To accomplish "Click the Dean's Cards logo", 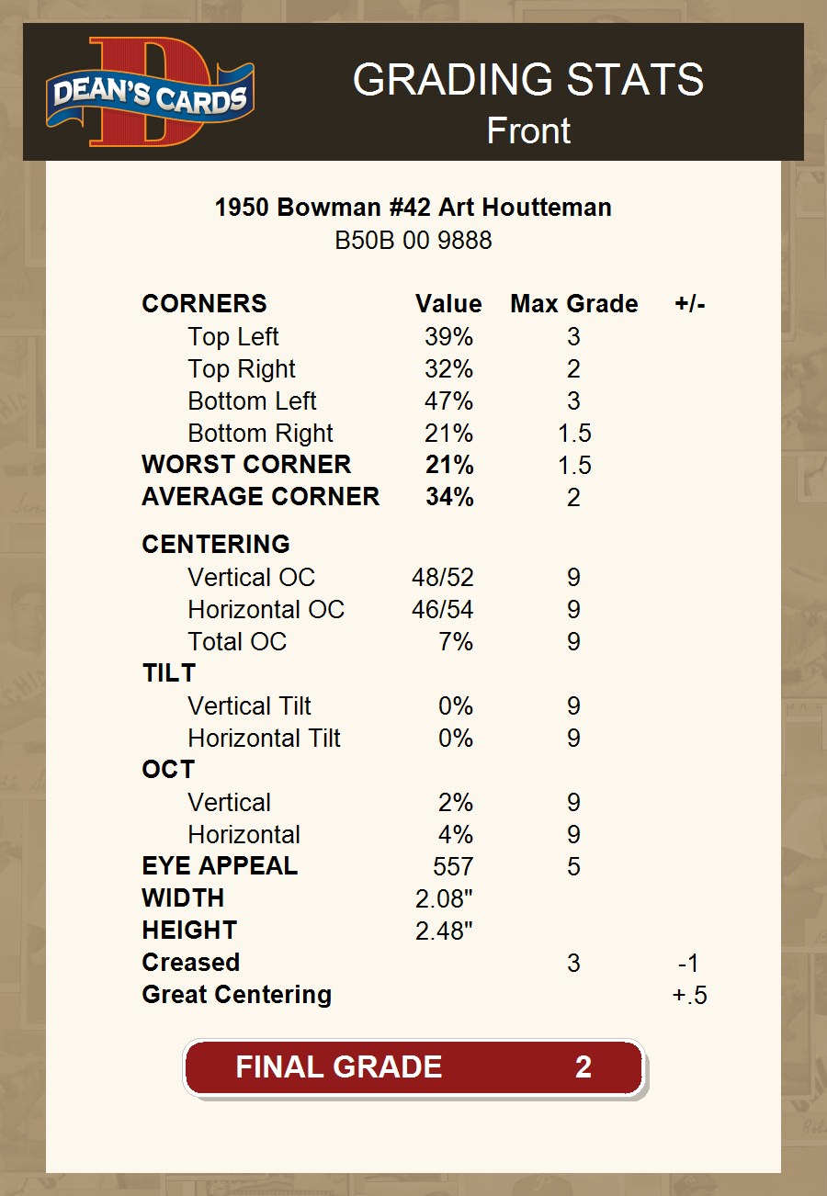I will [x=150, y=92].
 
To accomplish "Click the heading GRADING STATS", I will [x=528, y=80].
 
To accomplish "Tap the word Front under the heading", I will [x=528, y=131].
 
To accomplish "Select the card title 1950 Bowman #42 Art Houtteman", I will [x=413, y=208].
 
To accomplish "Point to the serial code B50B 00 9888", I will [x=413, y=241].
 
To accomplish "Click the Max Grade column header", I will [x=573, y=304].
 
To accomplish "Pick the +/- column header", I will [x=689, y=304].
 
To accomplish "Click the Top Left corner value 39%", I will [x=448, y=337].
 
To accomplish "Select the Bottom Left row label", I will [x=252, y=401].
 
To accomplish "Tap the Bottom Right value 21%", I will [x=448, y=434].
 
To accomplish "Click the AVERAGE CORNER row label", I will [x=260, y=497].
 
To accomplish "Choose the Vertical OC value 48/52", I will [x=443, y=578].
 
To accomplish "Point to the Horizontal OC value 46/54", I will [x=443, y=610].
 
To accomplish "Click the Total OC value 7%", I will [x=456, y=642].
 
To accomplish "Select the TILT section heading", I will [x=168, y=673].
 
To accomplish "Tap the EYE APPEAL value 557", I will [x=453, y=866].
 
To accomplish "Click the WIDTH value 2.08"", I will [x=444, y=898].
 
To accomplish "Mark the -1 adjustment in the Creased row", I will [x=688, y=963].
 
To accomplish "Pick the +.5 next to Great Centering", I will [x=689, y=995].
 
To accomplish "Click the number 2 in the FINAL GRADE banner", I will [x=583, y=1066].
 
